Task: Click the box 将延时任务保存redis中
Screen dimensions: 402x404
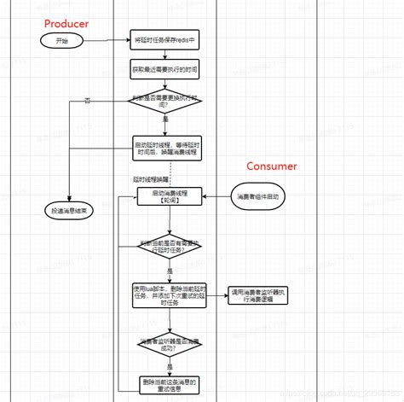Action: coord(166,41)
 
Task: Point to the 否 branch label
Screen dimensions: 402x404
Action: coord(87,102)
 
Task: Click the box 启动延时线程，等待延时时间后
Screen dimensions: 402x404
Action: coord(166,146)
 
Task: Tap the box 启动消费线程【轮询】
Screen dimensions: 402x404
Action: coord(168,197)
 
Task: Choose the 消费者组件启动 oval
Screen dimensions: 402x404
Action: coord(262,197)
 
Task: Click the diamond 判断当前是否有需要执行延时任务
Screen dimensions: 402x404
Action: coord(168,247)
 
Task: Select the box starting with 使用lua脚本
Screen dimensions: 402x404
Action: coord(168,293)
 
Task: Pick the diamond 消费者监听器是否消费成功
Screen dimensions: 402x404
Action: coord(168,344)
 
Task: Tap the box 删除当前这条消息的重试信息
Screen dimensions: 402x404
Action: coord(168,385)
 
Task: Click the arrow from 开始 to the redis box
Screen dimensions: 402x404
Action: coord(108,40)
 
